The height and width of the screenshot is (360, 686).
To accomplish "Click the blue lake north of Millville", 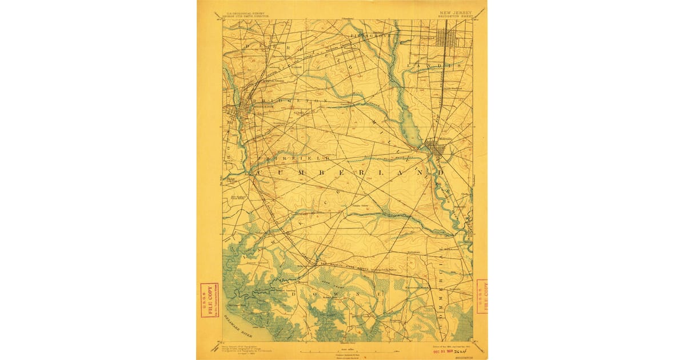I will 413,126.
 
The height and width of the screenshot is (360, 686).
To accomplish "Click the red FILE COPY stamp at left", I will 209,301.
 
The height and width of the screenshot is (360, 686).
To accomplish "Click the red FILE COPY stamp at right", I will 481,296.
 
